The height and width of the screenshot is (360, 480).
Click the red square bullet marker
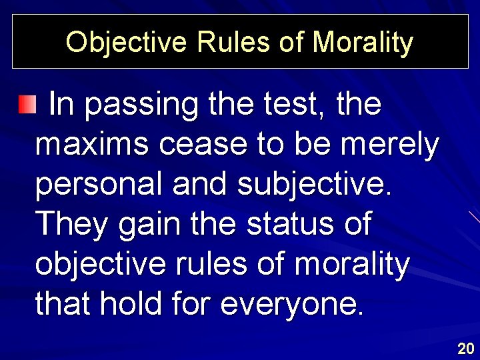[x=26, y=104]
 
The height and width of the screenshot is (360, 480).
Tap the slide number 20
[x=465, y=347]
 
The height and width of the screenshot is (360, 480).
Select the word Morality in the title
[x=363, y=42]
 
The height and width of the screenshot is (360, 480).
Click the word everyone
[x=293, y=305]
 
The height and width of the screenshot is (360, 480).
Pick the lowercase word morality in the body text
[x=351, y=264]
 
